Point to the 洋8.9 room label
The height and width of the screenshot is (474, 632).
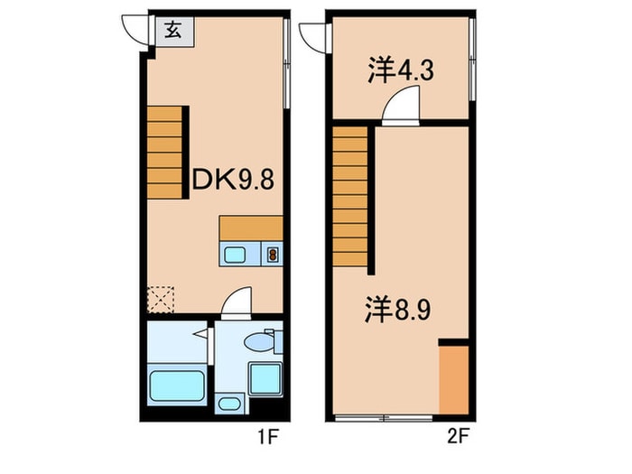[x=403, y=311]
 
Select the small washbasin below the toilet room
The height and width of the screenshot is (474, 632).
[x=229, y=404]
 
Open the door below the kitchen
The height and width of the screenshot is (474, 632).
[x=237, y=302]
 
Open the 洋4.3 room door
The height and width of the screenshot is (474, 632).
[x=398, y=107]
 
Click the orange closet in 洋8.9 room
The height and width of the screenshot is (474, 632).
[x=452, y=378]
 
